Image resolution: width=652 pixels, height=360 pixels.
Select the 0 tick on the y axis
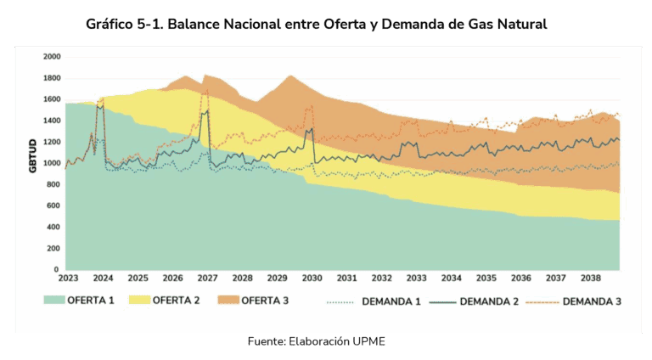pos(57,269)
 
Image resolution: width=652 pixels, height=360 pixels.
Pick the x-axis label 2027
pos(206,278)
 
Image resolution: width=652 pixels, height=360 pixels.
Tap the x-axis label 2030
pos(312,278)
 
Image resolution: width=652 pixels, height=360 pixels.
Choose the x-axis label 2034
pos(452,278)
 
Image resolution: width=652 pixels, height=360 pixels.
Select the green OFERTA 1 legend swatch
pos(66,299)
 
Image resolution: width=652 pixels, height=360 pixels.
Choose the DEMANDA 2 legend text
pos(494,300)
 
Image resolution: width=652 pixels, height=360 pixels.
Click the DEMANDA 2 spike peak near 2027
pos(207,110)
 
